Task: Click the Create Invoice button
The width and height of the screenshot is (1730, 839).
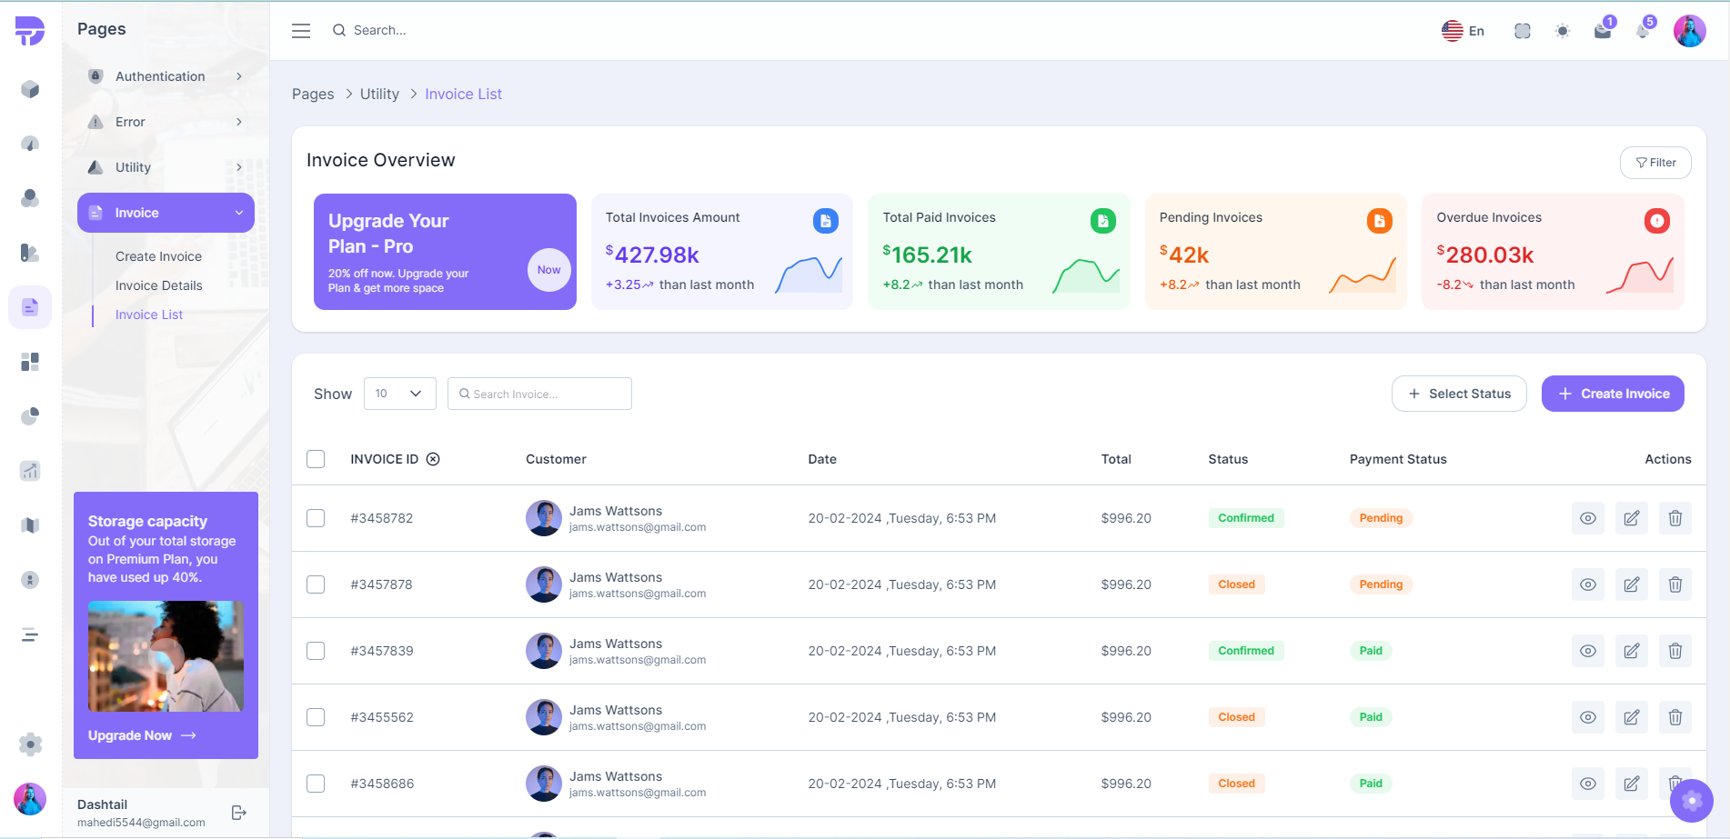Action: [1612, 394]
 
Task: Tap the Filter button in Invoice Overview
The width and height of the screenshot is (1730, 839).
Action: [1655, 163]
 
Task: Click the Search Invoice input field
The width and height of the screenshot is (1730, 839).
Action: [540, 394]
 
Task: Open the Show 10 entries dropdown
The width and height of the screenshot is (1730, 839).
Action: [399, 394]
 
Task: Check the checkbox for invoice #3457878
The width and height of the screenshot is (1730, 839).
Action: [316, 584]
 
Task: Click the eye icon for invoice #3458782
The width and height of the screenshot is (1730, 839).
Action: [1587, 518]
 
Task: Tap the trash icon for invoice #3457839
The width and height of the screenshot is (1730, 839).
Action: [1675, 651]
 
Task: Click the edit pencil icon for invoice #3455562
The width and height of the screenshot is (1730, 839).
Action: [1631, 717]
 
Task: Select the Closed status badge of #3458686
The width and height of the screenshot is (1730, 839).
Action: [1236, 784]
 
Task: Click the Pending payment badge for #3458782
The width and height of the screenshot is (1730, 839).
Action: [1380, 518]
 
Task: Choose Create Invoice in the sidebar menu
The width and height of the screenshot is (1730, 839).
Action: [158, 256]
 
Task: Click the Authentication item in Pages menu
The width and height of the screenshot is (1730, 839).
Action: [160, 76]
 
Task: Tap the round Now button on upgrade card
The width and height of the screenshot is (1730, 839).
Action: [548, 270]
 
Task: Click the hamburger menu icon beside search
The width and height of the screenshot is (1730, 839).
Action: [301, 31]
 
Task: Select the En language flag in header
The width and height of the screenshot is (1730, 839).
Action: [1462, 31]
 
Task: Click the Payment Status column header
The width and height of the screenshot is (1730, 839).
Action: [1397, 459]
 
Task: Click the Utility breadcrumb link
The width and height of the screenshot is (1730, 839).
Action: [379, 94]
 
